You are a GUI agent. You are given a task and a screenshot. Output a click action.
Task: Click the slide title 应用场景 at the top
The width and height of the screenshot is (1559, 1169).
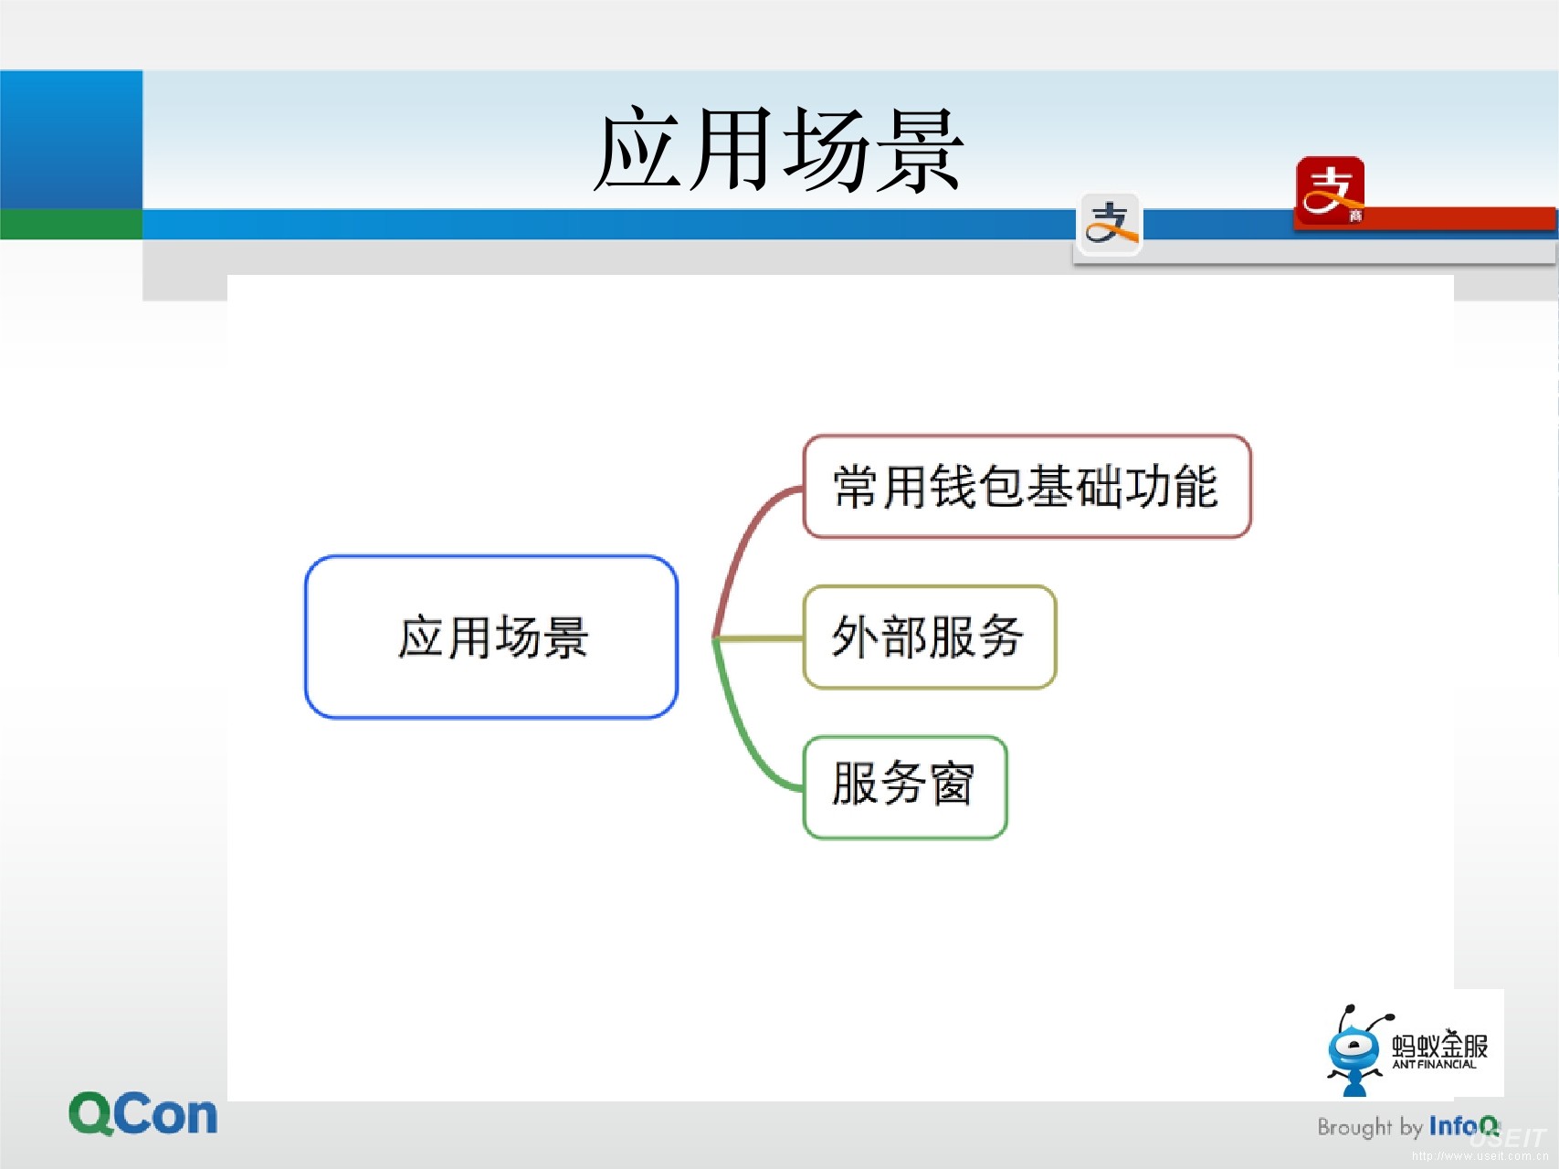coord(779,150)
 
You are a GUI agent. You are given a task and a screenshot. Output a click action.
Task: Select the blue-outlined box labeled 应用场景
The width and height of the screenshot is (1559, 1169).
coord(491,637)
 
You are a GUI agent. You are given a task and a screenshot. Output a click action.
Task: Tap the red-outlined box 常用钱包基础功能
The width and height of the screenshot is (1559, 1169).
coord(1027,486)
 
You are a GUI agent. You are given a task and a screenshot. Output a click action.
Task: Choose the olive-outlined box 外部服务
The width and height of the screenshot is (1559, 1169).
coord(929,637)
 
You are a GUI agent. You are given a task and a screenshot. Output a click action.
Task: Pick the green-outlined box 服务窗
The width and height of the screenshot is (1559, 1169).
coord(904,786)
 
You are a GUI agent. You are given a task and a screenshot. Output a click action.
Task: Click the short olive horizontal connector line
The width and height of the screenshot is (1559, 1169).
coord(758,637)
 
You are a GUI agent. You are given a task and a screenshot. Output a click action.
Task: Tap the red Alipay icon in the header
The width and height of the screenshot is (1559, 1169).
coord(1330,191)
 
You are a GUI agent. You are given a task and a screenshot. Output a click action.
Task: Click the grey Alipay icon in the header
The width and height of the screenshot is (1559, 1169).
coord(1111,224)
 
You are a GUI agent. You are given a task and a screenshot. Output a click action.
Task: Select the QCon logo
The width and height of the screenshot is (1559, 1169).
coord(143,1113)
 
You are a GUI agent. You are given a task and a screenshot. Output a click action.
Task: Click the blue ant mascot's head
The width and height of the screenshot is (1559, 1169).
coord(1354,1049)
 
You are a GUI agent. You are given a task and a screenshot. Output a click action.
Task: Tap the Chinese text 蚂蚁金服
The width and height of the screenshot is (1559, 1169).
coord(1439,1046)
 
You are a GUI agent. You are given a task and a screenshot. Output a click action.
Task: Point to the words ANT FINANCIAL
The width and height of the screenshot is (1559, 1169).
coord(1434,1065)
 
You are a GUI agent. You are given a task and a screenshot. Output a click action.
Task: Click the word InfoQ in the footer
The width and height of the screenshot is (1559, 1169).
coord(1464,1126)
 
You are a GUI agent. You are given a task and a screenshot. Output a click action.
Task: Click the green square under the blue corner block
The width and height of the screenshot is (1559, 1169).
coord(71,224)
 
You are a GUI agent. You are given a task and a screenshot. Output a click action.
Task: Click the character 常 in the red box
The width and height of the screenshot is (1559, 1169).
coord(856,486)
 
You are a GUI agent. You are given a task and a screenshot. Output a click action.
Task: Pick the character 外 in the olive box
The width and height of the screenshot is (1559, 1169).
coord(855,637)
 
